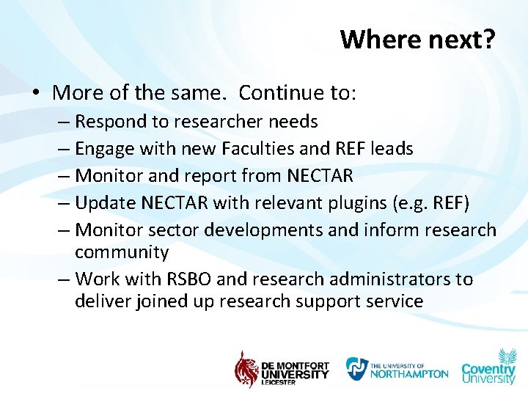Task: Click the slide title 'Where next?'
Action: click(x=417, y=39)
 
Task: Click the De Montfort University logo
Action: click(x=282, y=368)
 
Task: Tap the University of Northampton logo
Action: click(x=397, y=368)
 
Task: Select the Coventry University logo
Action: click(x=488, y=366)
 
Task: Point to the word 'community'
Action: click(x=122, y=252)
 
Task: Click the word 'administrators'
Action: click(x=394, y=279)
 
